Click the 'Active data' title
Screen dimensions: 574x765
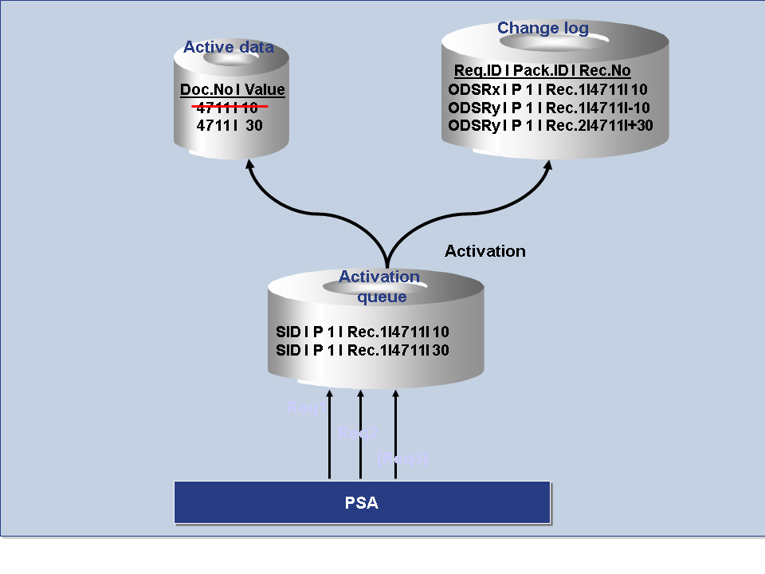(x=229, y=47)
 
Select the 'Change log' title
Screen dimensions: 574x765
(x=543, y=29)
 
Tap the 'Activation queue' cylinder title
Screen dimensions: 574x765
(x=380, y=286)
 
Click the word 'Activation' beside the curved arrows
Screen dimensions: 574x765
(x=484, y=251)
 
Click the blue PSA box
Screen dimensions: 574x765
(x=362, y=503)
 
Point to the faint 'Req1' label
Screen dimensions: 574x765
(x=304, y=408)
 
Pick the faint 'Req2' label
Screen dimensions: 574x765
(x=357, y=433)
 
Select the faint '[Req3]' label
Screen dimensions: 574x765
(x=402, y=458)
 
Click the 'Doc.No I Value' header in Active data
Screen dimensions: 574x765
(x=232, y=90)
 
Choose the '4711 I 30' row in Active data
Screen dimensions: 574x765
(x=229, y=125)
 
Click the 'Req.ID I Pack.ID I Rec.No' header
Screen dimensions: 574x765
(x=542, y=71)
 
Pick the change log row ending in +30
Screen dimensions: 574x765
(x=551, y=126)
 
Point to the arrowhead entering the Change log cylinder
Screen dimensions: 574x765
(x=547, y=167)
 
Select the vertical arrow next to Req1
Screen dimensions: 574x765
(x=328, y=434)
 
